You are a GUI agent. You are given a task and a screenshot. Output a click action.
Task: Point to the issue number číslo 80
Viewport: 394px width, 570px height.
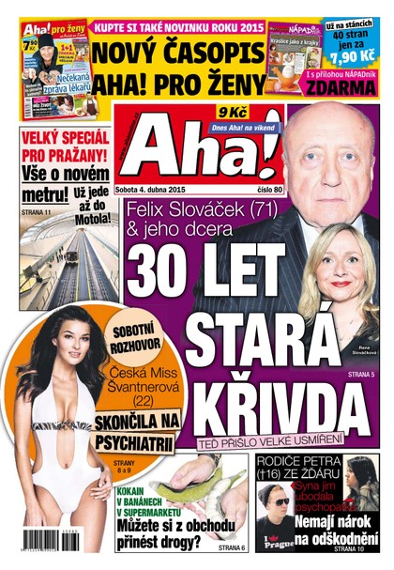(239, 190)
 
